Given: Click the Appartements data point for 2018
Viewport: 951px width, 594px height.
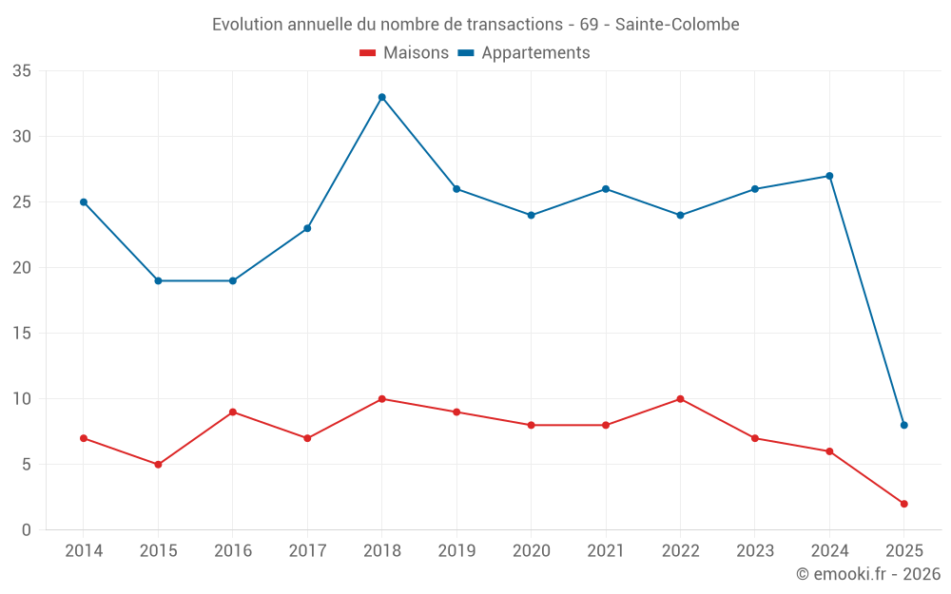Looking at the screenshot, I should tap(381, 97).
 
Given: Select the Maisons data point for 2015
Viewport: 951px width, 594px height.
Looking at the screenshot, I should tap(158, 465).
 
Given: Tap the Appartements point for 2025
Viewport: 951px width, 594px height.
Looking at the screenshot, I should tap(903, 425).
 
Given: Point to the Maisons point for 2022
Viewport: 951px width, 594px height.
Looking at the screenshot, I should tap(680, 399).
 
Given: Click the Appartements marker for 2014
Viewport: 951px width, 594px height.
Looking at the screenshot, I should tap(84, 202).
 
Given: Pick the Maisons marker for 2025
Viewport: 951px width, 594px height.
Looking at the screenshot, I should tap(903, 504).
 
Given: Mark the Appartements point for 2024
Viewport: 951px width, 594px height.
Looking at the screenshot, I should tap(829, 176).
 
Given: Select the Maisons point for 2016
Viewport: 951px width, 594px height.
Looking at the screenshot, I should tap(232, 412).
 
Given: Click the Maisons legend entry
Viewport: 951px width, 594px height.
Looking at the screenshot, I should tap(404, 53).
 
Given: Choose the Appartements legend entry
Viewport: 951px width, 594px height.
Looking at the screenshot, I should tap(525, 53).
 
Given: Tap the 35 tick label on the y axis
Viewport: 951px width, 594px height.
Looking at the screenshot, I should tap(22, 71).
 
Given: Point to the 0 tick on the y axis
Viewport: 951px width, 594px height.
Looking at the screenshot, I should tap(27, 530).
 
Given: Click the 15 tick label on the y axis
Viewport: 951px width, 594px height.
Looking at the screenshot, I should tap(22, 334).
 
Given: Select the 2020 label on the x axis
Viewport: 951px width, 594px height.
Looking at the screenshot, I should tap(531, 551).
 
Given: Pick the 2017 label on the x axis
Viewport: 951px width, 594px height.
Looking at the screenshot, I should tap(307, 551).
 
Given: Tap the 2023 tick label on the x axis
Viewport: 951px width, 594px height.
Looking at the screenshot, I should tap(754, 551).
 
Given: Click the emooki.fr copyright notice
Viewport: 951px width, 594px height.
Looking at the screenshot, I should tap(867, 574).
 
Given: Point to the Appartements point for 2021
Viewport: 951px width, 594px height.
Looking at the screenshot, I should tap(605, 189).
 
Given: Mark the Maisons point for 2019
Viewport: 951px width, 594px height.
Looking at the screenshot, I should tap(456, 412).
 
